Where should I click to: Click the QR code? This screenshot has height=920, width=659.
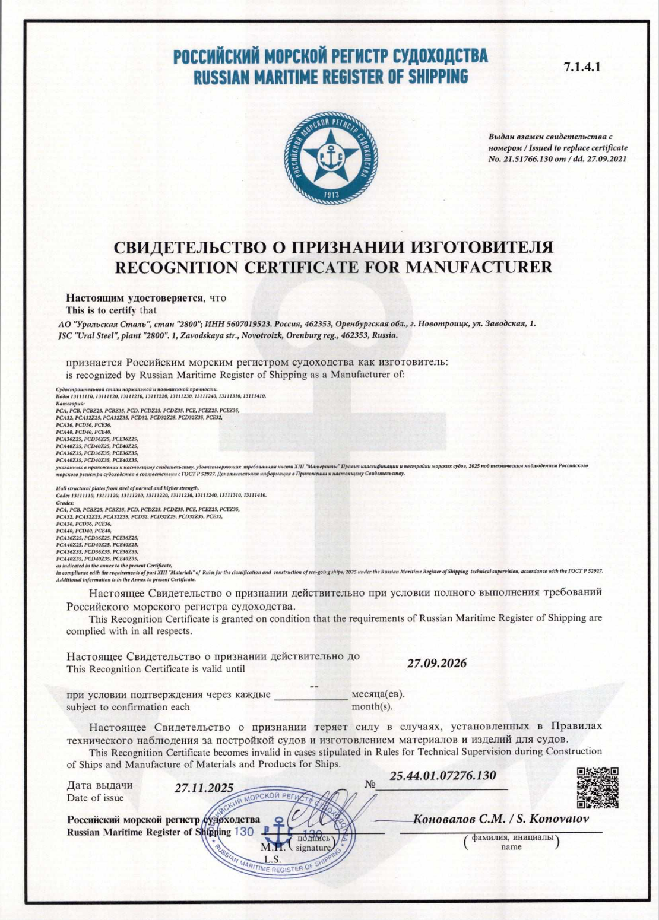598,787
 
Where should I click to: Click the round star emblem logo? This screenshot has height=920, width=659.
329,156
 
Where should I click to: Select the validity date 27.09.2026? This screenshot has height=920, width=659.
436,663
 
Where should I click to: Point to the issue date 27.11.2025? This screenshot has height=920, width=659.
204,788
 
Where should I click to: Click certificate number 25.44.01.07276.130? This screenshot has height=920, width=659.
442,776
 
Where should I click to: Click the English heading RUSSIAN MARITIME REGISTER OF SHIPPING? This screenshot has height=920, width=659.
330,77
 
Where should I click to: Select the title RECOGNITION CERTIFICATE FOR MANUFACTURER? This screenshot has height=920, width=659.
333,267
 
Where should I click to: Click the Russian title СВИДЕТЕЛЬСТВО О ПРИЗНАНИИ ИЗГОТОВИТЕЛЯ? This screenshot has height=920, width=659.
333,248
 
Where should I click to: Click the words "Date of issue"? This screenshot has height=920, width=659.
95,798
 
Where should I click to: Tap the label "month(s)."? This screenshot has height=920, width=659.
372,707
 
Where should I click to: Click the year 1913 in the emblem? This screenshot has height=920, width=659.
330,194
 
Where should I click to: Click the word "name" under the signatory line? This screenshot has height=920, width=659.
511,847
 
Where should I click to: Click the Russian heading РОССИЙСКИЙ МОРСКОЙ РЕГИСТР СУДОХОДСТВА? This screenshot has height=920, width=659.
330,57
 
